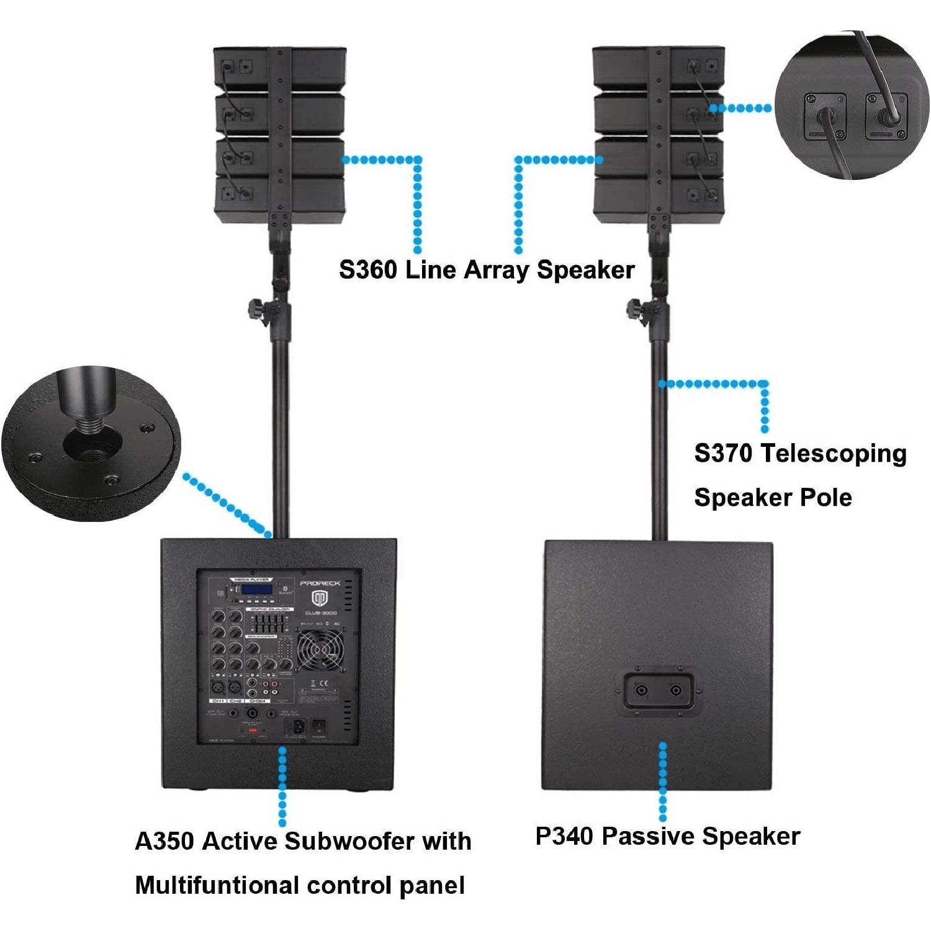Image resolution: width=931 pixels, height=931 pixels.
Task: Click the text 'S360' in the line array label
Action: [x=367, y=271]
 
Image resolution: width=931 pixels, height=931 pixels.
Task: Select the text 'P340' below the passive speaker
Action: [x=564, y=837]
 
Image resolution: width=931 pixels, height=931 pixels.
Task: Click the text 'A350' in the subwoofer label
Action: [x=164, y=842]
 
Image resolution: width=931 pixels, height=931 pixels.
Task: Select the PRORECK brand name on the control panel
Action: [x=320, y=583]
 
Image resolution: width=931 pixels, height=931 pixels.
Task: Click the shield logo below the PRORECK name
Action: [x=320, y=599]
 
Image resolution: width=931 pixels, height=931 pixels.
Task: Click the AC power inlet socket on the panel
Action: [x=294, y=727]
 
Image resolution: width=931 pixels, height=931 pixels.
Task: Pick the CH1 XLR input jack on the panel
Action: [x=218, y=687]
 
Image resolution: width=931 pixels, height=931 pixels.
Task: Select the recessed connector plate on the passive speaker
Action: [x=658, y=690]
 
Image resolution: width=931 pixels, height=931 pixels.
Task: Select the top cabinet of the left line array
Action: [x=279, y=68]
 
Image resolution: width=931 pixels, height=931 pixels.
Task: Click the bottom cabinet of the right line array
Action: [x=658, y=199]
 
